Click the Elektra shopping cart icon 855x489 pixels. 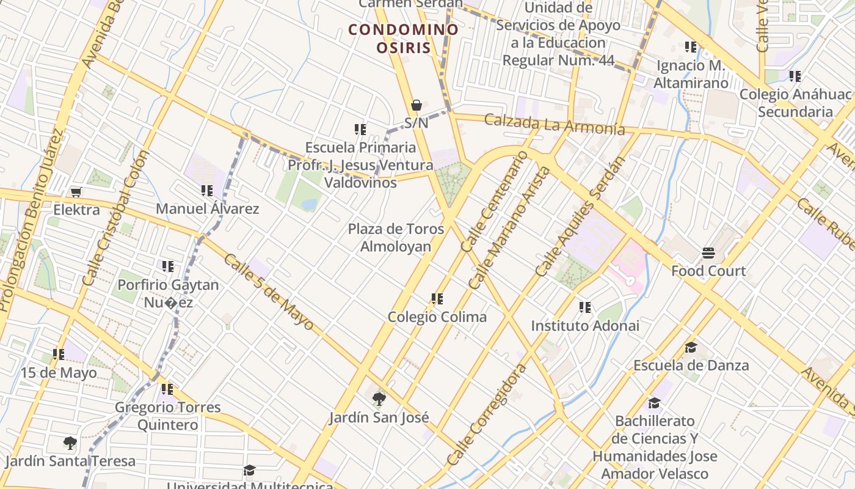point(76,193)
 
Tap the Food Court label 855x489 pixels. point(708,271)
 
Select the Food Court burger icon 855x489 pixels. point(708,253)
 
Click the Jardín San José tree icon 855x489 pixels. point(379,400)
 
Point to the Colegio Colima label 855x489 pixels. point(437,317)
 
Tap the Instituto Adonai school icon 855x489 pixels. point(585,307)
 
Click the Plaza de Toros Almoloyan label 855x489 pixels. point(396,237)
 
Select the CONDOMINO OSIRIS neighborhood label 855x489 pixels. point(403,39)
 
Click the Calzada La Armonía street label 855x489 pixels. point(554,123)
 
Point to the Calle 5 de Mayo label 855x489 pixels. point(268,292)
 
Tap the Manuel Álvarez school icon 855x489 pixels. point(206,191)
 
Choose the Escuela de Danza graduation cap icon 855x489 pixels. point(691,348)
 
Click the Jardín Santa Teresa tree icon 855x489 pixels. point(70,443)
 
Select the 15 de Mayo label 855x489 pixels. point(59,372)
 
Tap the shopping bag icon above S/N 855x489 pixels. point(417,105)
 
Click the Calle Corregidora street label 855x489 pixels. point(486,414)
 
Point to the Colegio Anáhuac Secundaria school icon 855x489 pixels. point(795,76)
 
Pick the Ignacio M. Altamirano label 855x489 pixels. point(691,74)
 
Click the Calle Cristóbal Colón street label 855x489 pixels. point(116,218)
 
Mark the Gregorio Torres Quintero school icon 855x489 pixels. point(167,389)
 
